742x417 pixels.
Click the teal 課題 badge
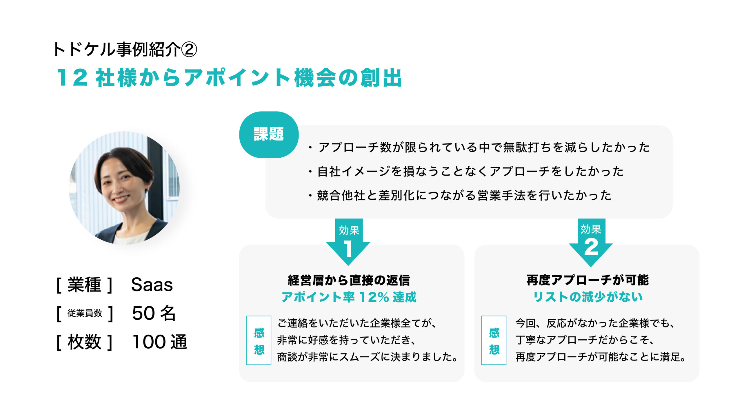pyautogui.click(x=269, y=135)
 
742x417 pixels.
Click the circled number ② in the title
pyautogui.click(x=189, y=49)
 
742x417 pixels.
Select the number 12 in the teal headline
pyautogui.click(x=72, y=78)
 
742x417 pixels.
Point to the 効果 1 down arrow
pyautogui.click(x=348, y=242)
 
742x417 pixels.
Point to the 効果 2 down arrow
pyautogui.click(x=591, y=242)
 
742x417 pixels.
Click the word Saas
pyautogui.click(x=152, y=285)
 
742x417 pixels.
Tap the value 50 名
pyautogui.click(x=154, y=313)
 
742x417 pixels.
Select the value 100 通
pyautogui.click(x=160, y=342)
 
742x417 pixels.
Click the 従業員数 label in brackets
pyautogui.click(x=85, y=313)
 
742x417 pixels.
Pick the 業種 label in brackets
pyautogui.click(x=84, y=285)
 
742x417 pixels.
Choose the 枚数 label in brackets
pyautogui.click(x=84, y=342)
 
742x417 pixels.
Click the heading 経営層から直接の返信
pyautogui.click(x=349, y=280)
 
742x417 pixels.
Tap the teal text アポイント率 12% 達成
pyautogui.click(x=349, y=297)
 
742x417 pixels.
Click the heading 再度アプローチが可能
pyautogui.click(x=588, y=280)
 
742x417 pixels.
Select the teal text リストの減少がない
pyautogui.click(x=588, y=297)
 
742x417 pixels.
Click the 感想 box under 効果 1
pyautogui.click(x=259, y=340)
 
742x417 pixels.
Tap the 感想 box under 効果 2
pyautogui.click(x=494, y=340)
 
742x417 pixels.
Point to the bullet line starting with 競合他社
pyautogui.click(x=460, y=196)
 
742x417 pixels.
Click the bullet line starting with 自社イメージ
pyautogui.click(x=466, y=172)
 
